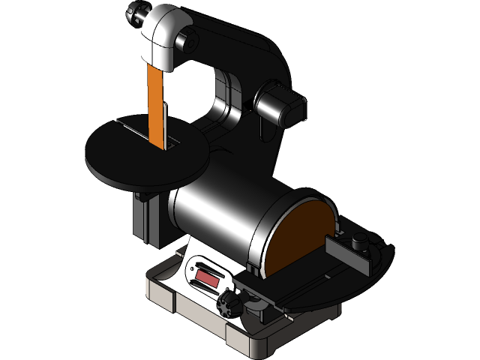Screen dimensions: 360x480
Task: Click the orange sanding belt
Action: (x=157, y=105)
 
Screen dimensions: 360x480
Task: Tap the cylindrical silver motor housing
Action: (x=217, y=221)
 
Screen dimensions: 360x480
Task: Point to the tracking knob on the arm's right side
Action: (x=282, y=105)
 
